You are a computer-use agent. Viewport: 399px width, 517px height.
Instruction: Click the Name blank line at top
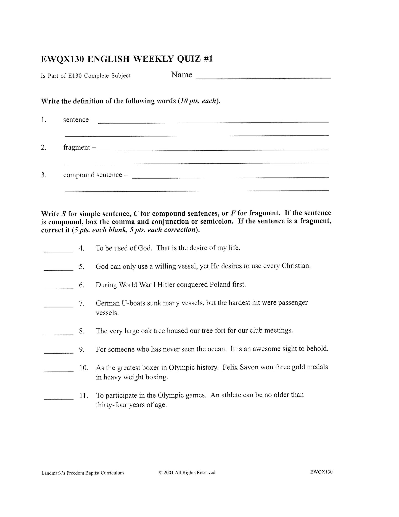tap(263, 77)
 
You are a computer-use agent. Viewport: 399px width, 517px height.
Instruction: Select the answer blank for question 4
tap(58, 250)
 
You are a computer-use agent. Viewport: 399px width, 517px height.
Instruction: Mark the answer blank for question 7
tap(58, 305)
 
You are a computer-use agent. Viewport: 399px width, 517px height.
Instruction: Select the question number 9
tap(82, 349)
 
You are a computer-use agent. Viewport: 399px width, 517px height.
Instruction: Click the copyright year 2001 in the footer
tap(168, 472)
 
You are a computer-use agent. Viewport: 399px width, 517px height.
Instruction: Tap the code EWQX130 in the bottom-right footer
tap(321, 472)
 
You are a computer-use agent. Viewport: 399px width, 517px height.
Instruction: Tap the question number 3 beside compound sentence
tap(44, 175)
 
